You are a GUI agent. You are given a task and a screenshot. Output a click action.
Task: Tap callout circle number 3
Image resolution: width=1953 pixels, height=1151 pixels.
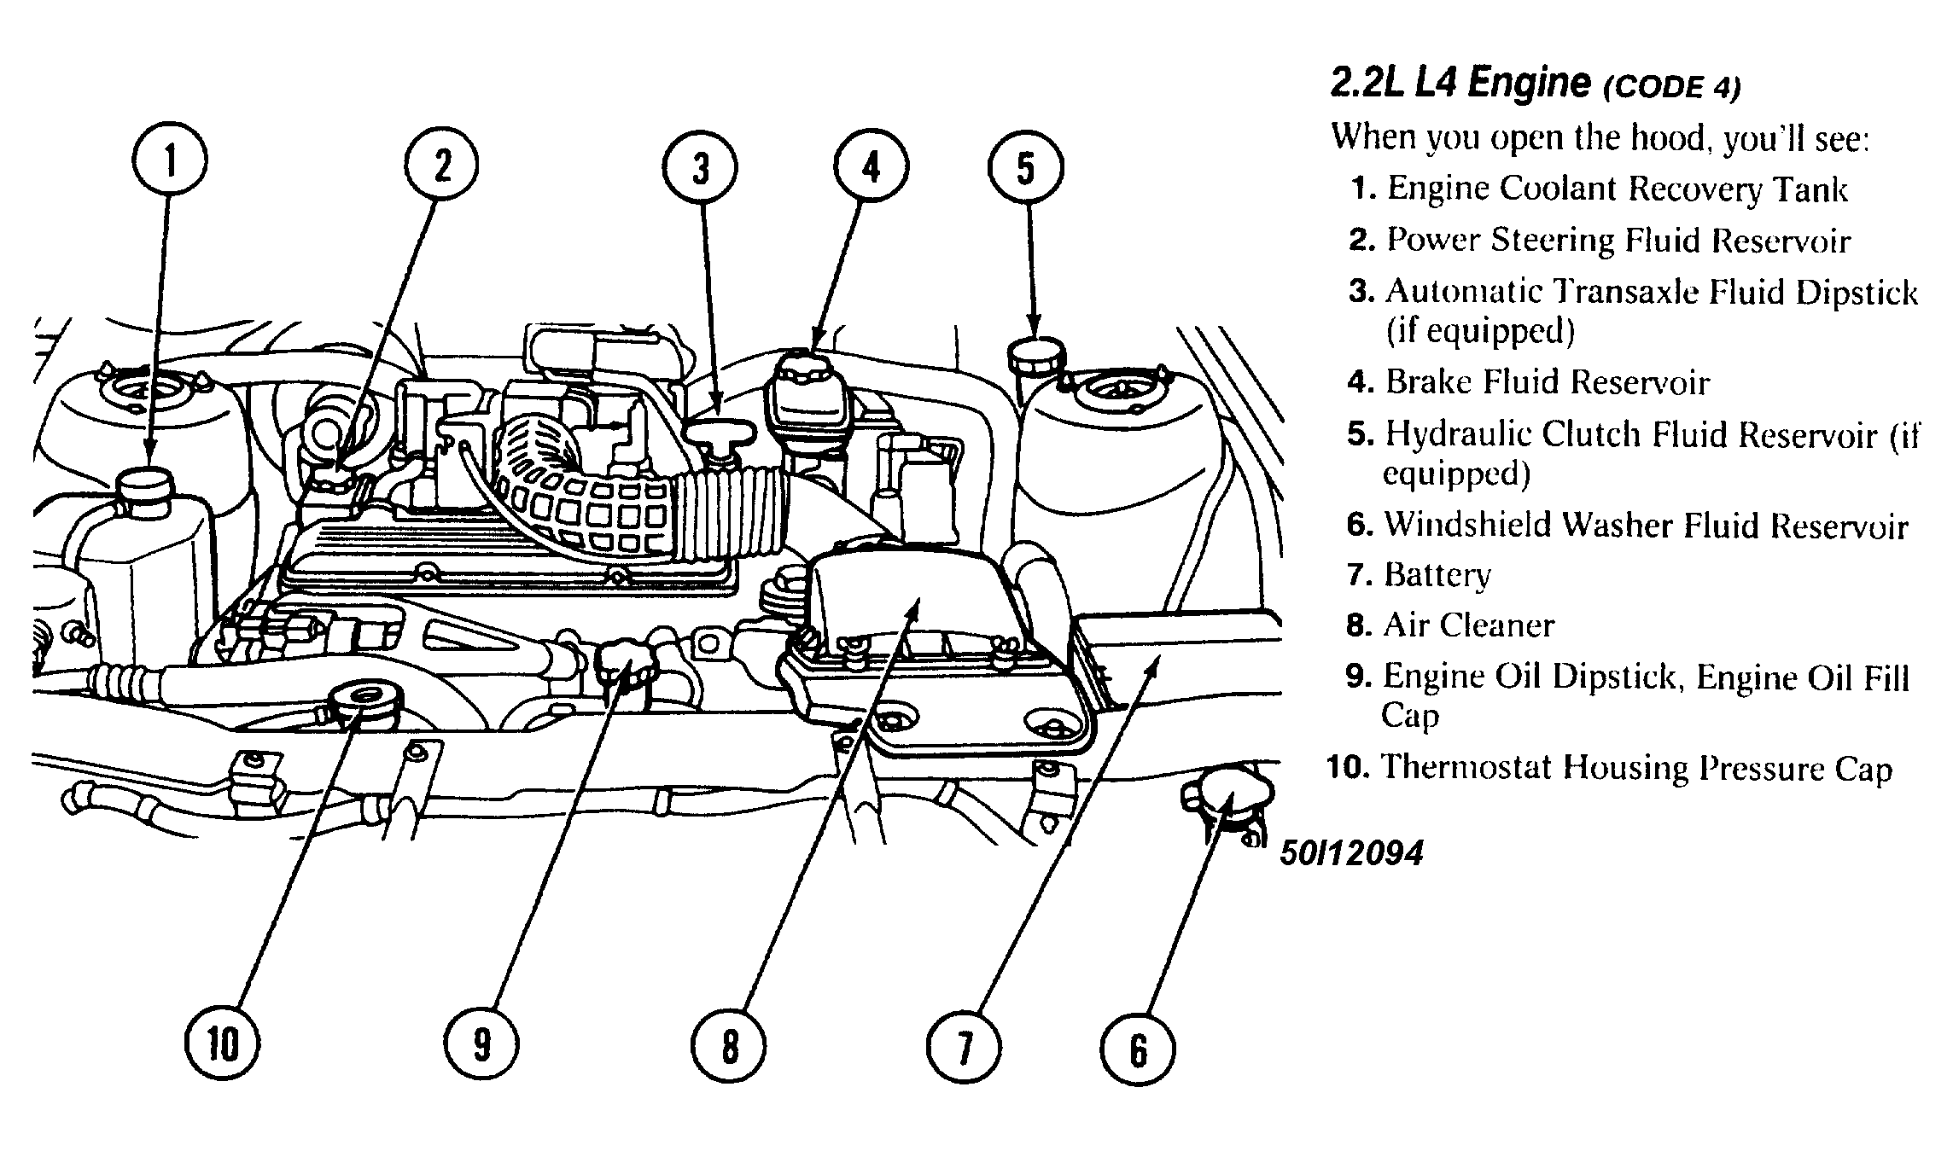pos(701,167)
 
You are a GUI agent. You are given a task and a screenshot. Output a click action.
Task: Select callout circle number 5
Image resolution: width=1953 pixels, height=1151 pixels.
pos(1025,167)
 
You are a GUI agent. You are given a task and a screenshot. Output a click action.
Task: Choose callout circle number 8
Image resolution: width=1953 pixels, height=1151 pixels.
pos(729,1047)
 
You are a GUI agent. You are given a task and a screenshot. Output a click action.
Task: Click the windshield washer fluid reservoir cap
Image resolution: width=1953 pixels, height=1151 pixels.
pos(1227,795)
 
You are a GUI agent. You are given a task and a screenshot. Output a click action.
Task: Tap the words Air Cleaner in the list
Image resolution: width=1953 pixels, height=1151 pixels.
pos(1468,625)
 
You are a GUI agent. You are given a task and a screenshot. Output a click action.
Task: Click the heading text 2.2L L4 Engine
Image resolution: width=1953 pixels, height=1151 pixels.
pos(1460,84)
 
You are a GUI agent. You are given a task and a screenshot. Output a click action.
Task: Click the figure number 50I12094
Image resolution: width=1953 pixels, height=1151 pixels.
pos(1351,852)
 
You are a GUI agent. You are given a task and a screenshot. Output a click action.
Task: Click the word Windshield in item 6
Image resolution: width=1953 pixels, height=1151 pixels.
pos(1466,525)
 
